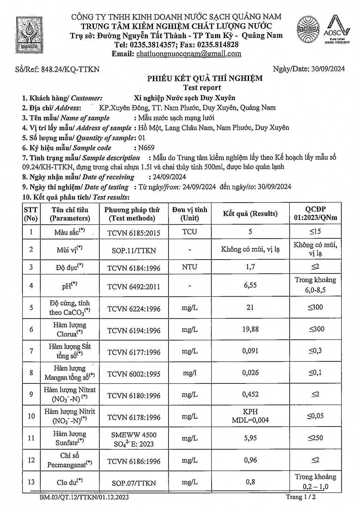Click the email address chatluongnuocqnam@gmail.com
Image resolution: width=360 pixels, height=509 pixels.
(188, 54)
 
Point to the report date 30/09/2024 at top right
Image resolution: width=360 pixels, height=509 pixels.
(328, 69)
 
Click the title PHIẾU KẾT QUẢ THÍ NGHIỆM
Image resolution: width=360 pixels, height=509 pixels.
(204, 78)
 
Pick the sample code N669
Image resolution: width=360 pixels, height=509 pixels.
(144, 148)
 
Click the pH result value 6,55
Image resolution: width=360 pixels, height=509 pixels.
(250, 285)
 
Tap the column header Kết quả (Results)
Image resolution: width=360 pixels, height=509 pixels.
(250, 213)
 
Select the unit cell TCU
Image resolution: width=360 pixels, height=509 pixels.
(190, 231)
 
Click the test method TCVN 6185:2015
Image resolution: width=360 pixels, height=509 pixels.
(133, 232)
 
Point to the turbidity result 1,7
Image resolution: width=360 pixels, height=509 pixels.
(250, 267)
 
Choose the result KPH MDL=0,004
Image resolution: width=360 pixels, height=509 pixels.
(250, 416)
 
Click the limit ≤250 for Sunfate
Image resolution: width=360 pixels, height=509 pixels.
(316, 438)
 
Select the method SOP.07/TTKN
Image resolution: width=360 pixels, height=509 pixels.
(133, 483)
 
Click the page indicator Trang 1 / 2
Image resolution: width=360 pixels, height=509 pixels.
(303, 497)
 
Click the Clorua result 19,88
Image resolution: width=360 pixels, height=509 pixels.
(250, 329)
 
